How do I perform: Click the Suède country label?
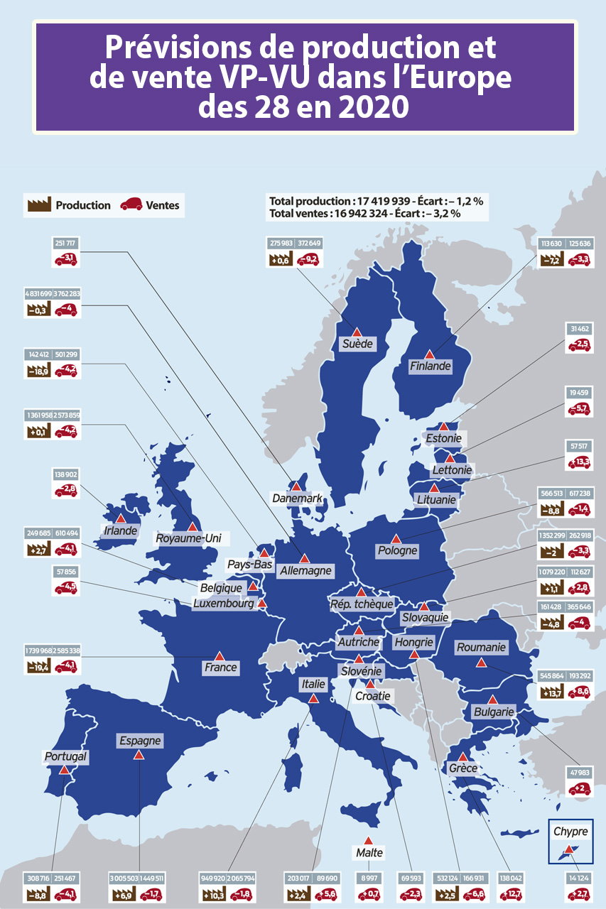357,344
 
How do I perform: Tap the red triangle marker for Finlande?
429,354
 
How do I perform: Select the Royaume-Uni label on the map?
188,539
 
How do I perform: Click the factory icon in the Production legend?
39,205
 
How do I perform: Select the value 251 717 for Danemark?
65,244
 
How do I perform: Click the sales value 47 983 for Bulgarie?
579,773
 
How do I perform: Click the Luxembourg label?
223,604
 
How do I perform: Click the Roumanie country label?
481,647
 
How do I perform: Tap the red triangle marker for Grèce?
463,756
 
